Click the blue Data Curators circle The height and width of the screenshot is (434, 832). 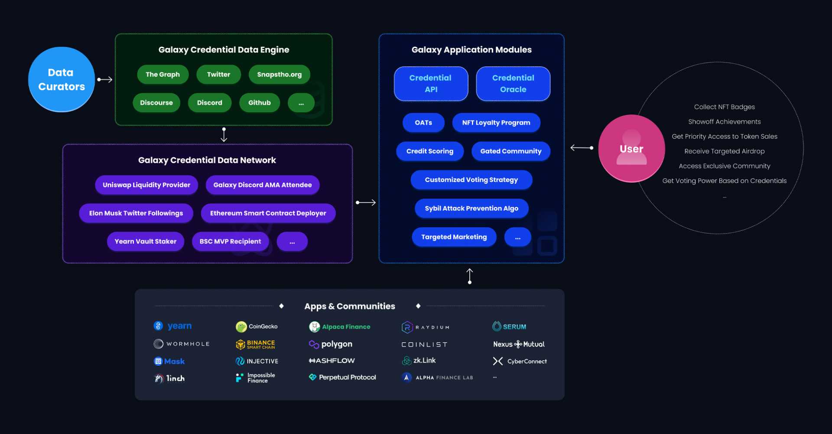point(61,79)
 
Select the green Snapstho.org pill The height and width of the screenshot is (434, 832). point(279,75)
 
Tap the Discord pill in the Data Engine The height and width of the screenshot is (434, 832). point(209,103)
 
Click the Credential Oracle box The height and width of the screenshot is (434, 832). point(513,84)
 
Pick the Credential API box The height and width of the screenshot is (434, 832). point(431,84)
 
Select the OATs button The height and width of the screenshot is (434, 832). point(423,123)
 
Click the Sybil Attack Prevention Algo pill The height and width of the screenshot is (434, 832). point(471,209)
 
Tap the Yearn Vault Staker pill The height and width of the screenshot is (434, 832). point(145,241)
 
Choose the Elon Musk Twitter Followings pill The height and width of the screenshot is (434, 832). point(136,213)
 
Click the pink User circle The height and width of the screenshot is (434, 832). point(631,148)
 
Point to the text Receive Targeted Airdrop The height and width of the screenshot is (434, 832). point(724,151)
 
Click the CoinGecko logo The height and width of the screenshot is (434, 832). point(257,326)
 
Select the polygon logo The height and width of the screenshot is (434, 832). point(331,344)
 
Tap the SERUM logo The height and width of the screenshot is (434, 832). point(509,326)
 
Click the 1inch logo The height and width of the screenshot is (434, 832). point(169,379)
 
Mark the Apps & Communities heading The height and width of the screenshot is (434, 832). point(349,306)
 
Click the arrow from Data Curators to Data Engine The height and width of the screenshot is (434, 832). point(105,79)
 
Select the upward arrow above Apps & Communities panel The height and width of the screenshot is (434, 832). point(470,276)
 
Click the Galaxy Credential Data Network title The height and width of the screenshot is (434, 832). point(207,160)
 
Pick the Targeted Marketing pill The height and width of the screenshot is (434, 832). point(454,237)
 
